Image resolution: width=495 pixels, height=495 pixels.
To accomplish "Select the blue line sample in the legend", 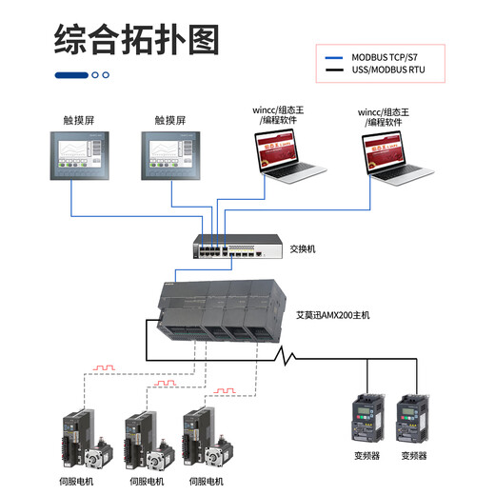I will (x=333, y=56).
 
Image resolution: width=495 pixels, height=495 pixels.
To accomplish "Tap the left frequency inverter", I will (x=367, y=419).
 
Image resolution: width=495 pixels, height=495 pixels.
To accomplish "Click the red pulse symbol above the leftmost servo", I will (x=102, y=366).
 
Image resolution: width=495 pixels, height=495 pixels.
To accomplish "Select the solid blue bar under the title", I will (x=71, y=75).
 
